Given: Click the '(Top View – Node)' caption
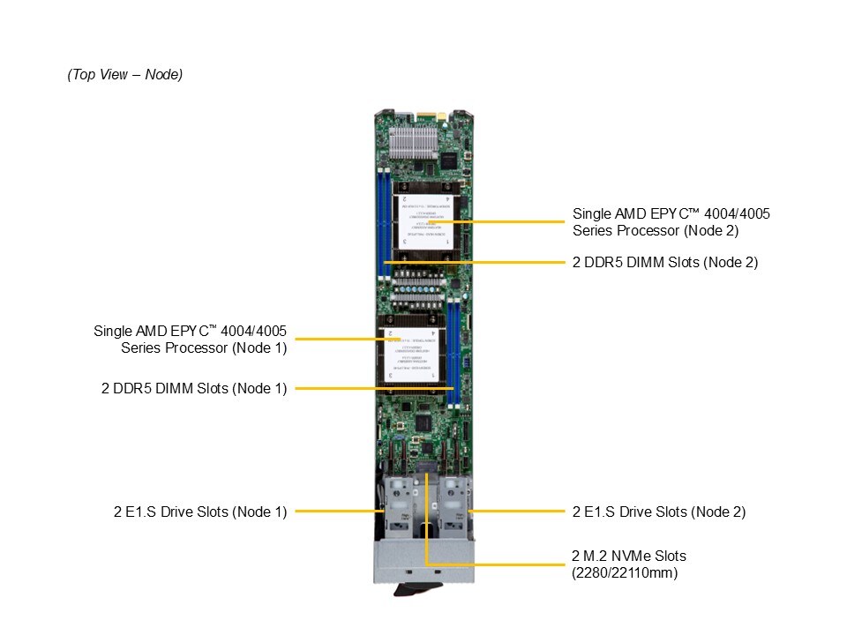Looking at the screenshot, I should point(124,75).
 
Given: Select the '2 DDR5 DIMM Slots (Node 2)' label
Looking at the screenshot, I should point(664,262).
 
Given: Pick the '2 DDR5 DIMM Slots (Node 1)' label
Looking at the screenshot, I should point(194,387).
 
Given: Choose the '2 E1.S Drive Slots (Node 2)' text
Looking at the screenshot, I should point(659,511).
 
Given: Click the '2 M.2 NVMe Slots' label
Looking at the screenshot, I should point(629,556).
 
